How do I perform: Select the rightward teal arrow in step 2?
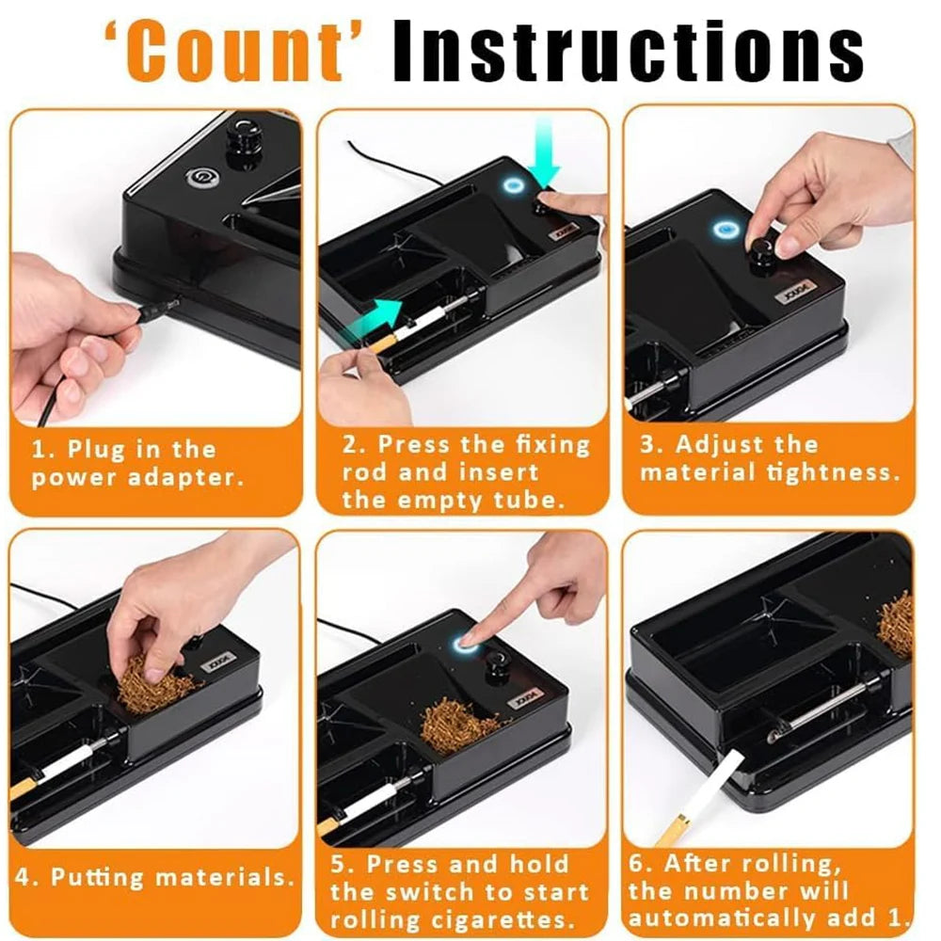[x=376, y=309]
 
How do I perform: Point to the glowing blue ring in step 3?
[x=726, y=229]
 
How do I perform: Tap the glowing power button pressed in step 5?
[x=465, y=644]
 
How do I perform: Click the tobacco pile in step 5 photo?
[x=459, y=723]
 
